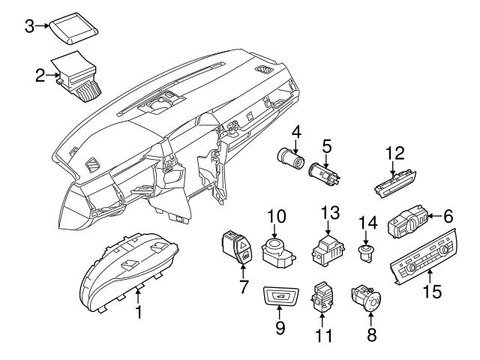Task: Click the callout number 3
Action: (x=28, y=26)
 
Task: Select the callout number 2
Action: (x=40, y=74)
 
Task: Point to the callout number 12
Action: (x=394, y=154)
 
